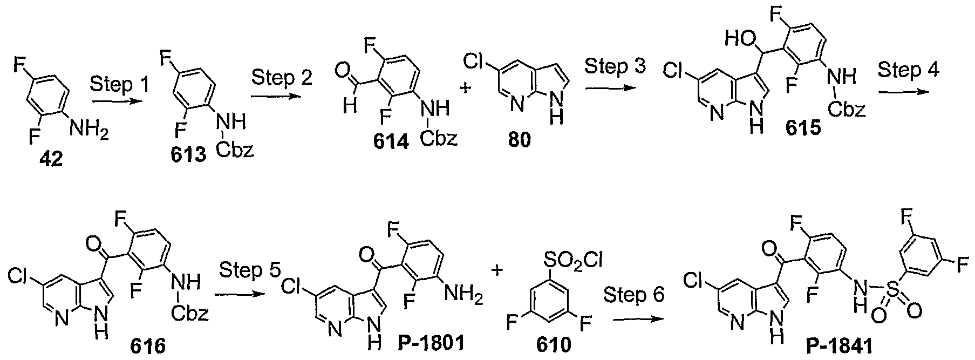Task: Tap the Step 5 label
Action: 249,271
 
